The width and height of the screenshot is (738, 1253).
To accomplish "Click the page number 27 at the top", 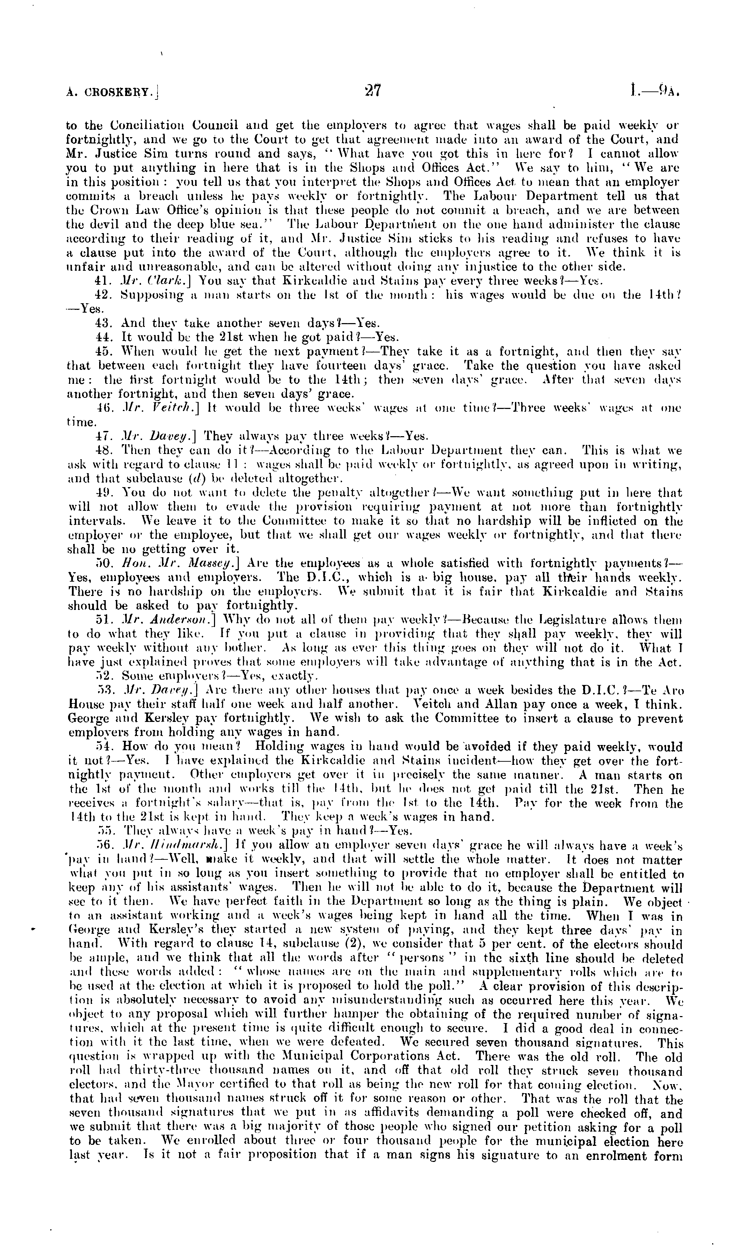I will click(372, 90).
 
